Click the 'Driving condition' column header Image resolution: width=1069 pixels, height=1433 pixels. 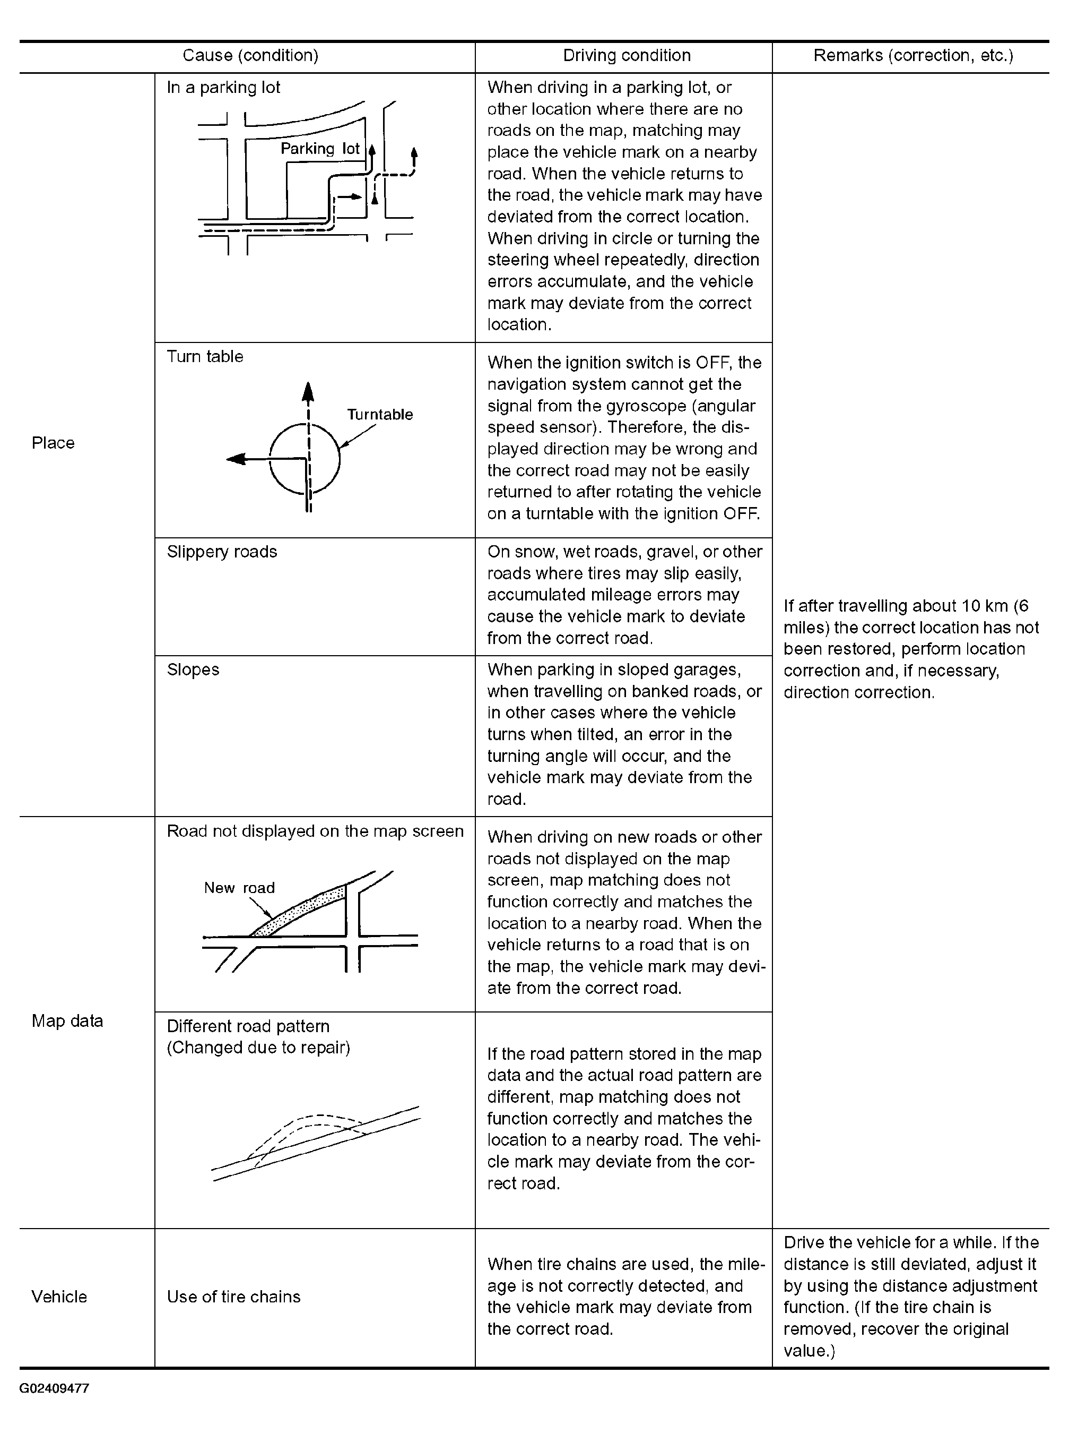coord(627,56)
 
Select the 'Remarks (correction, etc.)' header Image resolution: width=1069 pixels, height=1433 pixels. coord(913,56)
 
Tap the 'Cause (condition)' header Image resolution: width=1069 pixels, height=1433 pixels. coord(250,56)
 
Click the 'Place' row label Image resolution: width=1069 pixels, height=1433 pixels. coord(53,443)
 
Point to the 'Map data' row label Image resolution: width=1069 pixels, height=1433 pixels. coord(67,1021)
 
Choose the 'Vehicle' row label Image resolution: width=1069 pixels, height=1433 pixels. coord(59,1297)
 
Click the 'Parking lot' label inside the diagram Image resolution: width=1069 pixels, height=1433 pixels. coord(320,149)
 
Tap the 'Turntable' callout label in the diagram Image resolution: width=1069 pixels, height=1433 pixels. coord(380,415)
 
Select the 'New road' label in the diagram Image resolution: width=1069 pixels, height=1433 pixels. coord(239,888)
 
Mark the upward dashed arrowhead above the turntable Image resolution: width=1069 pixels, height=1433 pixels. coord(308,392)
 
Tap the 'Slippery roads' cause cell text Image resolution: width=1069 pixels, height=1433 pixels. coord(222,552)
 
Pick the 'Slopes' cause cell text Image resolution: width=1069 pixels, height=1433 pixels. coord(193,670)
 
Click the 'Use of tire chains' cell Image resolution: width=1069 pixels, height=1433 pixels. coord(233,1297)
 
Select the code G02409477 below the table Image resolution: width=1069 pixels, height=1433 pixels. coord(54,1388)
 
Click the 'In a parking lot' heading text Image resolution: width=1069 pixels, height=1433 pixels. coord(223,88)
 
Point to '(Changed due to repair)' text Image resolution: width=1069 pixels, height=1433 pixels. coord(258,1048)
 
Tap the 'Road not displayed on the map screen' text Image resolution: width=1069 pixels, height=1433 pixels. coord(315,831)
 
